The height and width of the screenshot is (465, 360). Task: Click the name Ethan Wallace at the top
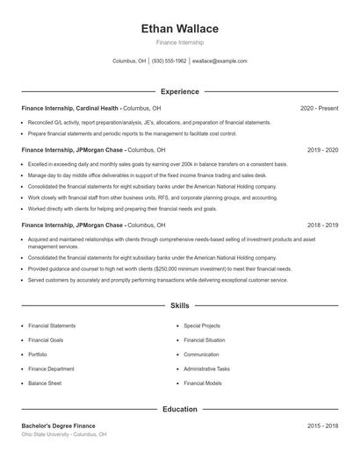pos(180,29)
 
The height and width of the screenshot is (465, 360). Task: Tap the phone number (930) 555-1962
pos(169,61)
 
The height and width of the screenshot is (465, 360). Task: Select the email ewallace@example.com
pos(220,61)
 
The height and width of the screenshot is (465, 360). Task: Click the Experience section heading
pos(180,91)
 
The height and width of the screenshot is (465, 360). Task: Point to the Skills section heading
pos(180,305)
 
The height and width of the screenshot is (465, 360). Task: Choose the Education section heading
pos(180,409)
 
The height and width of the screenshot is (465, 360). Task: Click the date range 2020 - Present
pos(319,108)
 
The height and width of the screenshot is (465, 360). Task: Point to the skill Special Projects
pos(203,325)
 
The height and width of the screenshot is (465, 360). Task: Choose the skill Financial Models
pos(203,383)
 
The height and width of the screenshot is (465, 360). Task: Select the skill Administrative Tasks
pos(207,368)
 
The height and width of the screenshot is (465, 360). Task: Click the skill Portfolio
pos(38,354)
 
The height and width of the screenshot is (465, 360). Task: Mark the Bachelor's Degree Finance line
pos(58,425)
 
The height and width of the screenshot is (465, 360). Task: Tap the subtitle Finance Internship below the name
pos(180,42)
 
